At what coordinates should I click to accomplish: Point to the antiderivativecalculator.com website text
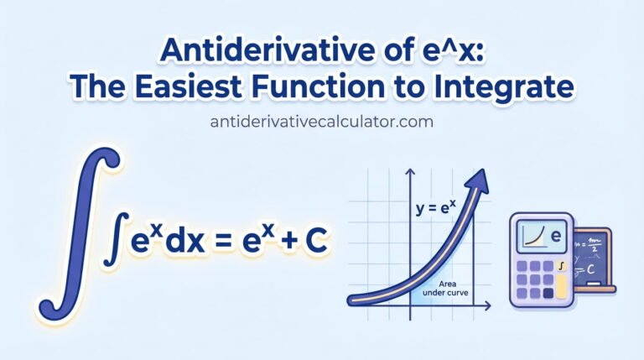(x=322, y=122)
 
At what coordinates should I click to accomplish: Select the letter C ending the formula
(x=314, y=242)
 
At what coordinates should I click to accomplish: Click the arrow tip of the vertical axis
(x=409, y=170)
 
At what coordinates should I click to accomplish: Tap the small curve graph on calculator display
(x=532, y=237)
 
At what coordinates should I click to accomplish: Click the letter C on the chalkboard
(x=590, y=269)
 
